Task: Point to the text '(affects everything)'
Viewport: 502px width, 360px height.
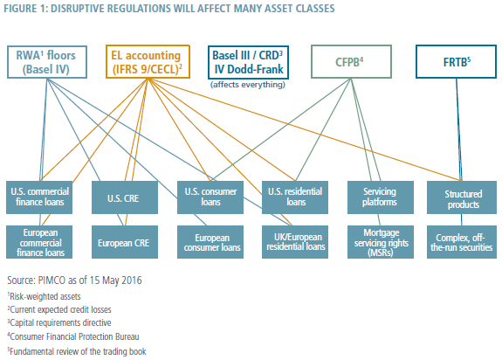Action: (x=247, y=85)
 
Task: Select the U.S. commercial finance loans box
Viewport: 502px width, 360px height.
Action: (x=39, y=197)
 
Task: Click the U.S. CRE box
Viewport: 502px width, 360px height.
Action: (x=125, y=197)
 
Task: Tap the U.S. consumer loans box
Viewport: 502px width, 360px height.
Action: (x=210, y=197)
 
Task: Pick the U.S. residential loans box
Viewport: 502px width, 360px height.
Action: (x=295, y=197)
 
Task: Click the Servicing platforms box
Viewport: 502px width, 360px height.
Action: (x=381, y=197)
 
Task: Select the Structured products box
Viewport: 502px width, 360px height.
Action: (x=462, y=197)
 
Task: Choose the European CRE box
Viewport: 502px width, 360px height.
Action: (x=125, y=242)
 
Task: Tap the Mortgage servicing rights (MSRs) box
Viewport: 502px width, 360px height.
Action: (x=381, y=242)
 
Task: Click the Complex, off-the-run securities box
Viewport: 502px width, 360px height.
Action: (x=462, y=242)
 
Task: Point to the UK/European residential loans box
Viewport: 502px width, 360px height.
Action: (x=295, y=242)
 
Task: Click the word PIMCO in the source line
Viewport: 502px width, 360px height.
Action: (x=52, y=280)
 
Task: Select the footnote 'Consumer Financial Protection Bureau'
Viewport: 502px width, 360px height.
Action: (x=74, y=337)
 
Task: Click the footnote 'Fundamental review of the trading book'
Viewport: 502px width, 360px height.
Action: (x=78, y=351)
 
